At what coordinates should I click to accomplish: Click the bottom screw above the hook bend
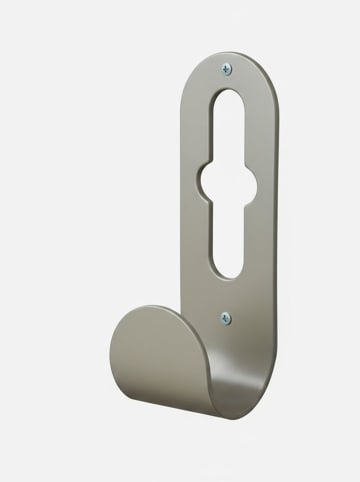click(x=225, y=319)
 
